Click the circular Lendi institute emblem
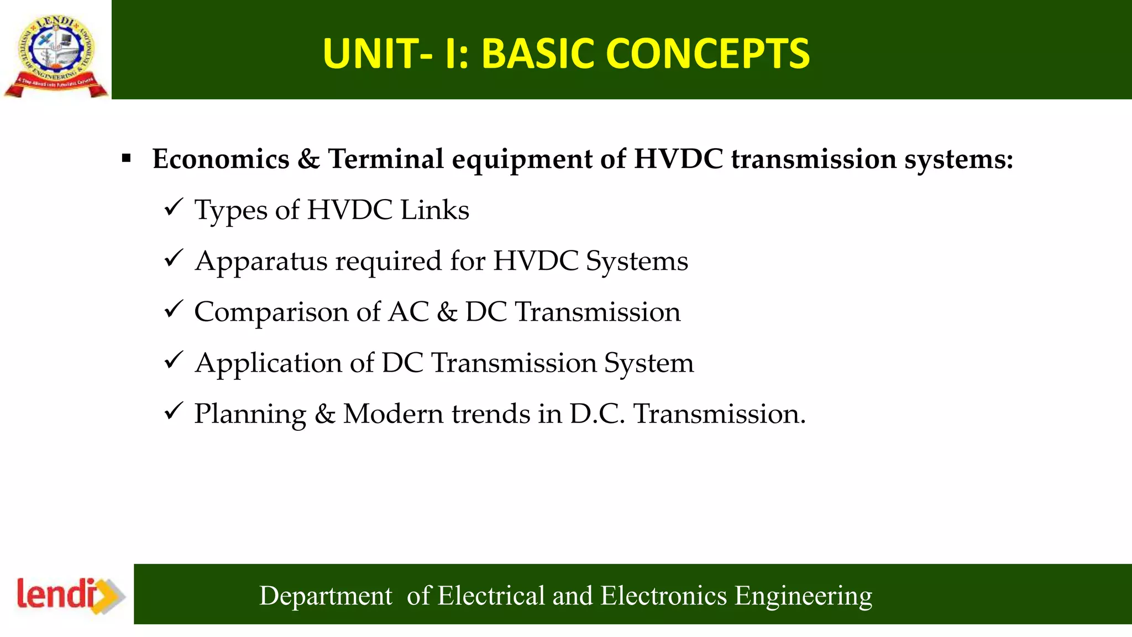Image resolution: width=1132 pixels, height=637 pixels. pos(56,51)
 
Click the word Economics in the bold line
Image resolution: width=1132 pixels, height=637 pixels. pos(221,159)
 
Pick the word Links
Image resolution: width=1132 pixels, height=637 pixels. pos(434,210)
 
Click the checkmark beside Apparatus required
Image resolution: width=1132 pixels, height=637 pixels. pos(173,259)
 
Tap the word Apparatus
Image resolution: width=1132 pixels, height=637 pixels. pos(261,262)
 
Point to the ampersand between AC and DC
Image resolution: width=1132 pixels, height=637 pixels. pos(447,312)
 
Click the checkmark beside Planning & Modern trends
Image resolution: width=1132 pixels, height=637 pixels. pos(173,411)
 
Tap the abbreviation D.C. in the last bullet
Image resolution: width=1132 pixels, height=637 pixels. pos(597,414)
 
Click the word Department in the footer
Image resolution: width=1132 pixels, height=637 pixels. pos(326,596)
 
